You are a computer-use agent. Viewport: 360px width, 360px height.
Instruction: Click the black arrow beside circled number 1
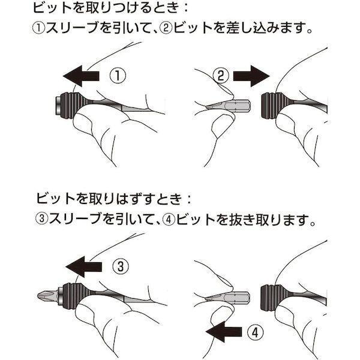(81, 76)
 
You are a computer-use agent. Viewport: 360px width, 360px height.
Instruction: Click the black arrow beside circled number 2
(251, 76)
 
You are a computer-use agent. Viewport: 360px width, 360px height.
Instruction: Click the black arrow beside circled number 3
(84, 267)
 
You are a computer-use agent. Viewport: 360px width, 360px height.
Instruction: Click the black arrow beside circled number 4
(224, 332)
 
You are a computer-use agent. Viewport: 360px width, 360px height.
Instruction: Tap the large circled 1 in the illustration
(118, 76)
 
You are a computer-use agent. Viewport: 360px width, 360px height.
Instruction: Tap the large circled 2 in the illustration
(221, 76)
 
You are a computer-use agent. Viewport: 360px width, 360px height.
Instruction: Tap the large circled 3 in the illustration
(121, 266)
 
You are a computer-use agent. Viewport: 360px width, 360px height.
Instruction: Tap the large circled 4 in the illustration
(256, 332)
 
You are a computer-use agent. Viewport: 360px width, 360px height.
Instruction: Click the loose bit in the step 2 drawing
(228, 106)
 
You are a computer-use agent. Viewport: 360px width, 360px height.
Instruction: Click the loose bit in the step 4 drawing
(227, 298)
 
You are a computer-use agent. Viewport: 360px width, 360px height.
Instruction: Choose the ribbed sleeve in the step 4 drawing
(273, 297)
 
